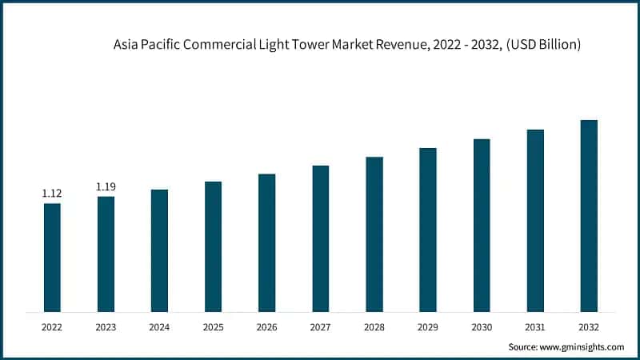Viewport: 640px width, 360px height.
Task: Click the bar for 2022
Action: pos(52,257)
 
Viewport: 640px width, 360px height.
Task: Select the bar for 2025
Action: pos(213,246)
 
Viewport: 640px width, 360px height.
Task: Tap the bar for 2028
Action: pos(374,234)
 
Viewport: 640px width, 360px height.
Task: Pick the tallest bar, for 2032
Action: pos(589,215)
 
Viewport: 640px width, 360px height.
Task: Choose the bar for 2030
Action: pos(482,225)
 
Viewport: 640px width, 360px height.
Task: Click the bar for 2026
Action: pos(266,242)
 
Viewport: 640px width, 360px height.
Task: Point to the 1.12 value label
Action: pos(52,194)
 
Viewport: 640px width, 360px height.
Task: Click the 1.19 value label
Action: pos(106,186)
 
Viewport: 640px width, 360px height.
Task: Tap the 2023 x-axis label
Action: pos(106,326)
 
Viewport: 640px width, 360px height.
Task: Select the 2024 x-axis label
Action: pos(159,326)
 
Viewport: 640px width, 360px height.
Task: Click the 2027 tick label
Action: pos(320,326)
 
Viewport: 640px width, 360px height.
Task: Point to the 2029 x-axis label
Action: pos(428,326)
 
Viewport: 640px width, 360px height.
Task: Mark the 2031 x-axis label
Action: pos(535,326)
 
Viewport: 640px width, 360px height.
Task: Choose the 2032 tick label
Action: pos(589,326)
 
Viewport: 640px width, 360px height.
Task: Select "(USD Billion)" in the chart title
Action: pos(542,46)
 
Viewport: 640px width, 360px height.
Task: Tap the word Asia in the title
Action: pos(126,46)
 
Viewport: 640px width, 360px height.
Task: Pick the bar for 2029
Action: pos(428,230)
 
